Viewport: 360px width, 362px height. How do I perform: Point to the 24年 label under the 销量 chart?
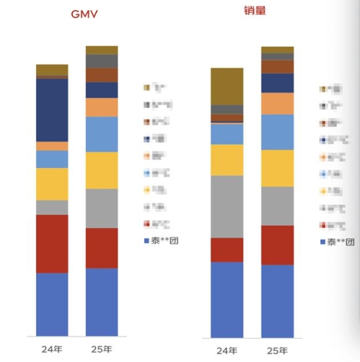point(227,350)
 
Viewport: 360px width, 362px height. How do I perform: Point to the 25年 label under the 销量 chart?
point(277,350)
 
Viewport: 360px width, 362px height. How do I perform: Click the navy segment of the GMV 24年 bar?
point(52,110)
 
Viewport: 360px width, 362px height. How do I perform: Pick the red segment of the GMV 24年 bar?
point(52,244)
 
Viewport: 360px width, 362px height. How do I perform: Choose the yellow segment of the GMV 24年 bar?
point(52,184)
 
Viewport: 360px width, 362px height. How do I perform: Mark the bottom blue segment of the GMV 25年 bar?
point(102,301)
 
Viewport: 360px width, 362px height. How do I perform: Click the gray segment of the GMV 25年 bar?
point(102,208)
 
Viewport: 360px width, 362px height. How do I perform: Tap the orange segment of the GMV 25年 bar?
point(102,107)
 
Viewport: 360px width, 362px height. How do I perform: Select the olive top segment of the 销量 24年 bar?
point(227,86)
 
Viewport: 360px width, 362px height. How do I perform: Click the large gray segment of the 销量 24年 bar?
point(227,207)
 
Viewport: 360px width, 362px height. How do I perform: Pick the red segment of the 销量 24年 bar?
point(227,250)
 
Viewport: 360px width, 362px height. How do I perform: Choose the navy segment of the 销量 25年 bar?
point(277,83)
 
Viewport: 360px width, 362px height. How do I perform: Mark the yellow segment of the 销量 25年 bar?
point(277,168)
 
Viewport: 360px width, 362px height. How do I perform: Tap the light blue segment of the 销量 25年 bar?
point(277,132)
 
